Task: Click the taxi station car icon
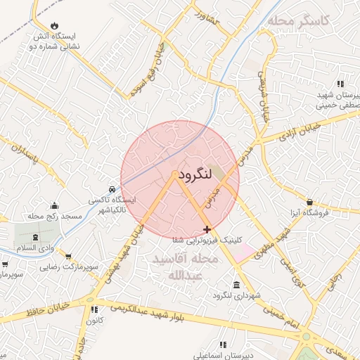[x=112, y=190]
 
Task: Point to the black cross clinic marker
[x=207, y=229]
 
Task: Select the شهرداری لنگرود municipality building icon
[x=236, y=285]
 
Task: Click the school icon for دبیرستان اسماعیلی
[x=223, y=345]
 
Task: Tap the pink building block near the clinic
[x=243, y=252]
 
